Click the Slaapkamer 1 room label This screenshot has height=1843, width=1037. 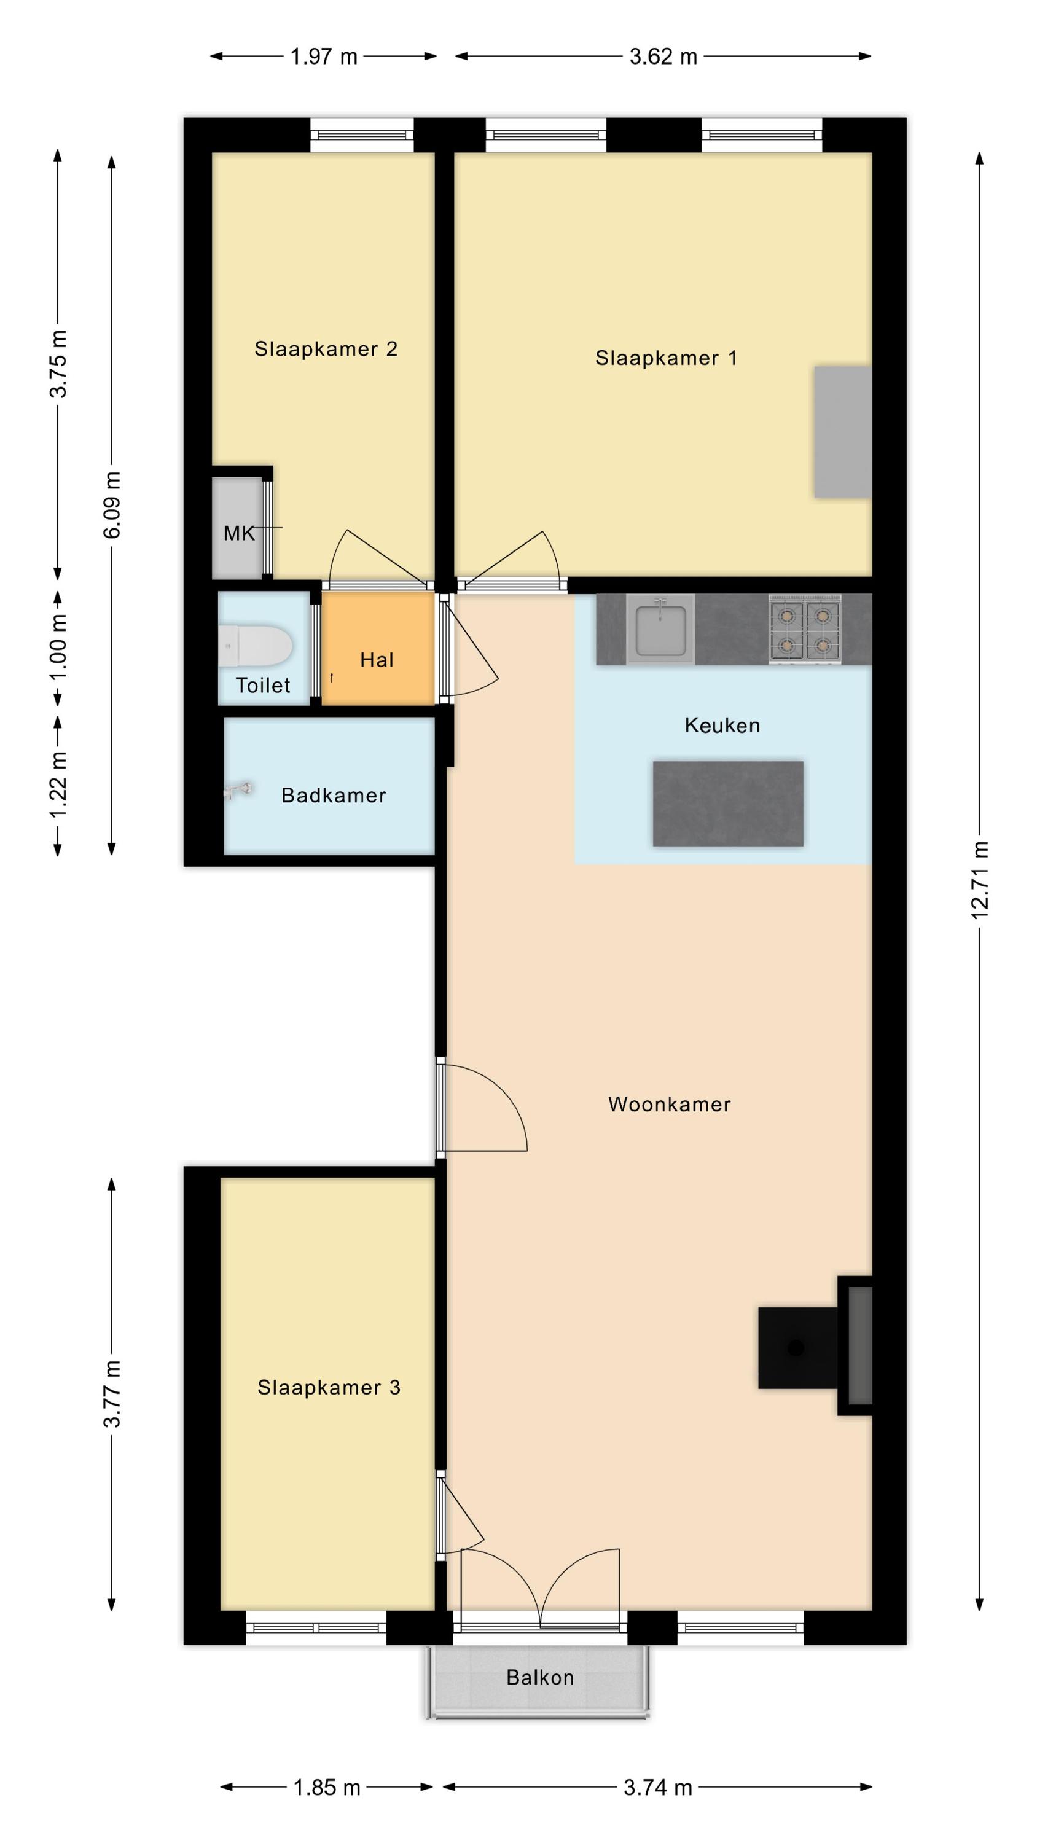tap(665, 358)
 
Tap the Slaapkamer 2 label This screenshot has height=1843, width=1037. tap(326, 349)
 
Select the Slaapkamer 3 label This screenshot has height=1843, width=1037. tap(329, 1387)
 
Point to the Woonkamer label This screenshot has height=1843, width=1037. tap(669, 1104)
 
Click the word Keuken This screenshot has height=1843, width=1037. tap(722, 726)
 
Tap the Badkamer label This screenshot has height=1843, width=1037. tap(334, 796)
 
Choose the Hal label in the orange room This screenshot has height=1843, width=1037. tap(377, 660)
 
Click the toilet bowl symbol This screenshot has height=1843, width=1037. tap(256, 646)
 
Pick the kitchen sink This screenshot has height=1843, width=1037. tap(660, 629)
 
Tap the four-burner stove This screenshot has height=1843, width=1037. tap(804, 629)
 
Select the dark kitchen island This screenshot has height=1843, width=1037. tap(728, 804)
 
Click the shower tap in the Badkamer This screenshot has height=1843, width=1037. tap(238, 791)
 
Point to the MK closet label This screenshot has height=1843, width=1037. tap(239, 533)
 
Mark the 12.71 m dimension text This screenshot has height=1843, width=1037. tap(980, 880)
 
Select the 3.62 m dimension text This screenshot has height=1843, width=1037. tap(663, 57)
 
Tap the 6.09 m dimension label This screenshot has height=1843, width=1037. tap(112, 505)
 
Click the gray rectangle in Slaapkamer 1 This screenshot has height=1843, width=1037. tap(843, 431)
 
